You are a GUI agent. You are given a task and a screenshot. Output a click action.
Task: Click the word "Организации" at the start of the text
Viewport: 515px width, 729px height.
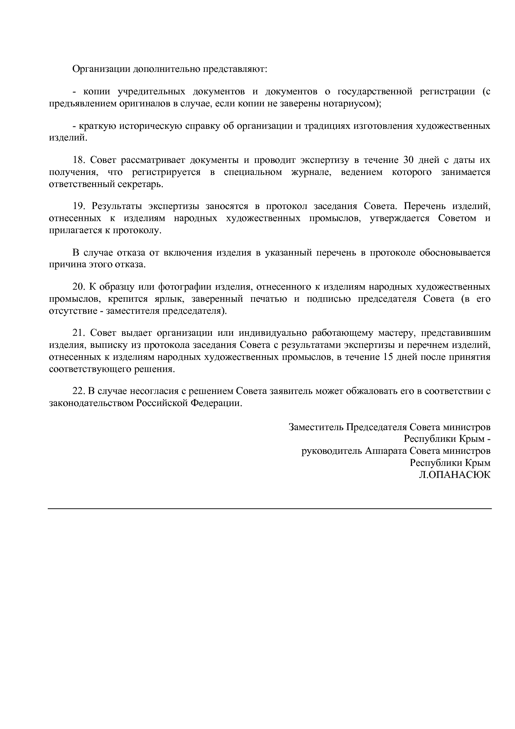[x=101, y=69]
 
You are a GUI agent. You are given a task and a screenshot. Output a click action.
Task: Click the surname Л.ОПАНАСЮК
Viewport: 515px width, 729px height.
[x=454, y=475]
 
